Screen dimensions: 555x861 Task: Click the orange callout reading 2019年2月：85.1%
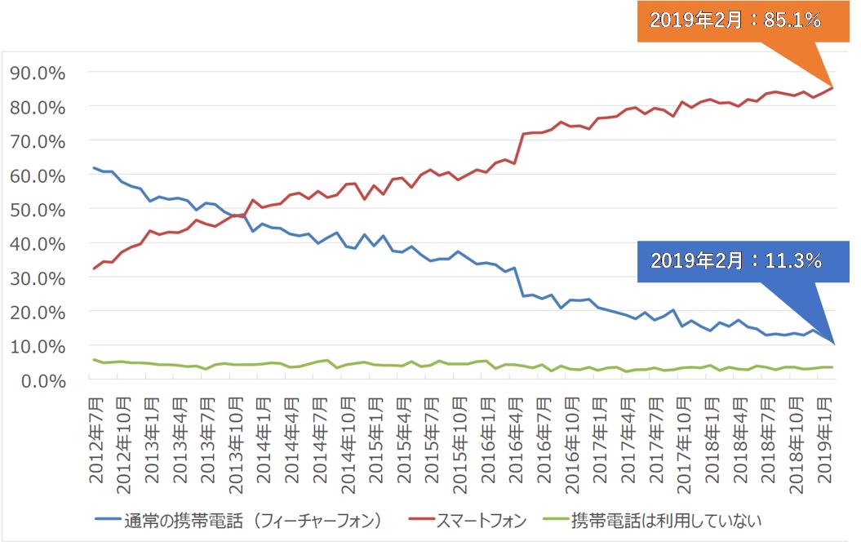pyautogui.click(x=735, y=21)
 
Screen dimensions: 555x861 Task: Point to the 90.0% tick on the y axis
pyautogui.click(x=38, y=73)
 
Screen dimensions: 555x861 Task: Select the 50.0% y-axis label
pyautogui.click(x=38, y=210)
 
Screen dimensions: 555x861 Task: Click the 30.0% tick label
pyautogui.click(x=38, y=278)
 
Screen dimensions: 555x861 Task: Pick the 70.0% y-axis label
pyautogui.click(x=38, y=141)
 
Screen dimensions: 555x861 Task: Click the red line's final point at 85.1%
pyautogui.click(x=832, y=87)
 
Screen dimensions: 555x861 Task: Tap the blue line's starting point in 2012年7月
pyautogui.click(x=95, y=168)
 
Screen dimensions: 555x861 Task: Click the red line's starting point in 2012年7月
pyautogui.click(x=95, y=268)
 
